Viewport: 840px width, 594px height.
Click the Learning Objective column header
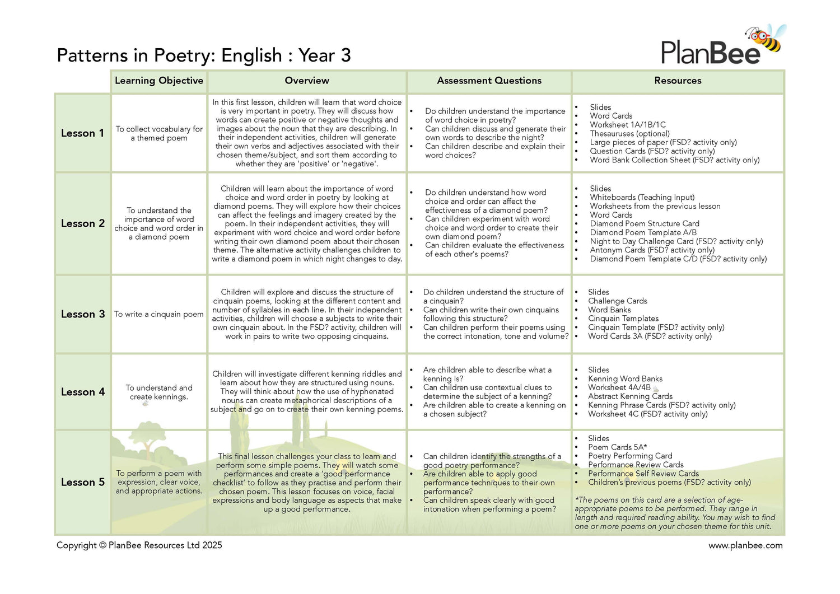(x=159, y=81)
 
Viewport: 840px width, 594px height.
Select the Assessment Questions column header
(x=489, y=81)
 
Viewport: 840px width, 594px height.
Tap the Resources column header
(x=678, y=81)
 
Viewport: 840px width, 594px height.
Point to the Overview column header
(x=307, y=81)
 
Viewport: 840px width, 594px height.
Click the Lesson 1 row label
(x=82, y=133)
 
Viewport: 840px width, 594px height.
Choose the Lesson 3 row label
(x=82, y=314)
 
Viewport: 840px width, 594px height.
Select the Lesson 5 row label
(x=82, y=482)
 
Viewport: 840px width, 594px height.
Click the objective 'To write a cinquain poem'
(x=159, y=314)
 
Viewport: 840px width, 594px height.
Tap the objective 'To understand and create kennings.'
(x=159, y=392)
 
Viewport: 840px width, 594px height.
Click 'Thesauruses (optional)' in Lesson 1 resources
(x=629, y=133)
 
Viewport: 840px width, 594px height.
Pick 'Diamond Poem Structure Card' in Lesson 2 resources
(x=644, y=223)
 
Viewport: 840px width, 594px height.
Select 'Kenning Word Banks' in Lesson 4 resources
(x=625, y=378)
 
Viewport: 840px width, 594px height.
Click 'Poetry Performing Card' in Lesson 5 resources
(x=630, y=456)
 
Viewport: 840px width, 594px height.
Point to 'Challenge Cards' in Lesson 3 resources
(x=617, y=301)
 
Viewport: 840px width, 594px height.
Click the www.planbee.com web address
(x=745, y=545)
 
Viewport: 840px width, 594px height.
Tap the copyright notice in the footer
(x=139, y=545)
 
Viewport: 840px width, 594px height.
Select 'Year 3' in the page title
(x=324, y=55)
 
